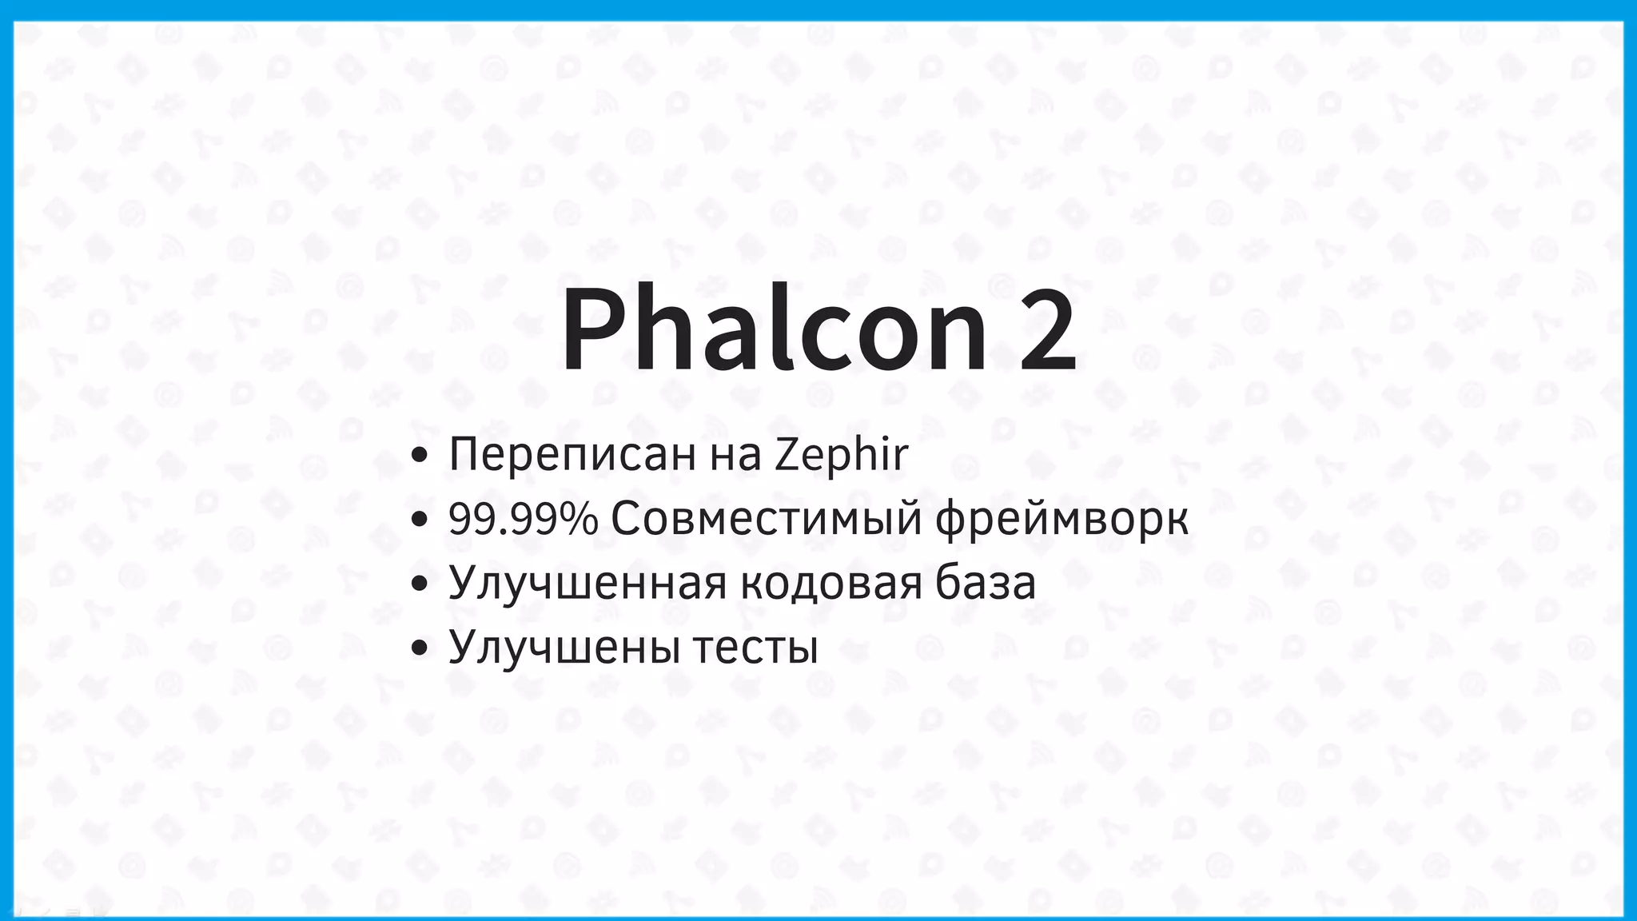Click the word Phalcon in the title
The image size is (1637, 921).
(774, 329)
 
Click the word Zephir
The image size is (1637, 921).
(841, 454)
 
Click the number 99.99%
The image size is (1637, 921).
(523, 519)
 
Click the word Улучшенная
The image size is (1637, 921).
(587, 583)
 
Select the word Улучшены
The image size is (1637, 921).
(565, 647)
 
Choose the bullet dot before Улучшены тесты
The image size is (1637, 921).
(419, 648)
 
